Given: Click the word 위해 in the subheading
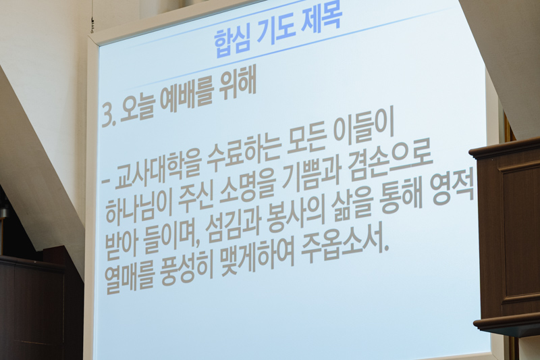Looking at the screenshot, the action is [238, 87].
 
